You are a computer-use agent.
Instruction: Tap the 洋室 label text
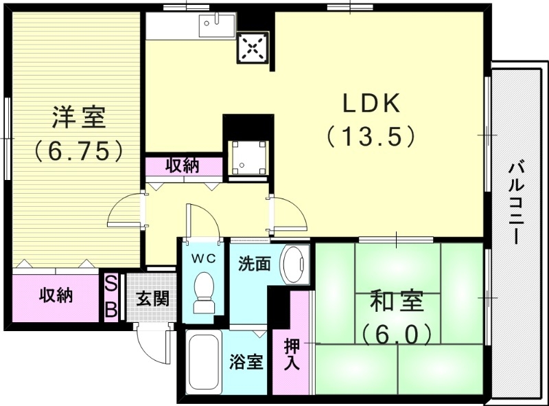click(x=80, y=117)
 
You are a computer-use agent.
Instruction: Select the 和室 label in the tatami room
click(x=397, y=303)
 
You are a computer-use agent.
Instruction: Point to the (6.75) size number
click(x=80, y=149)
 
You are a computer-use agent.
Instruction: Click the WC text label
click(x=203, y=258)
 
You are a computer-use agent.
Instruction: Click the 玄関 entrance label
click(x=148, y=300)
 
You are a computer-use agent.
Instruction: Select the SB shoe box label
click(x=110, y=297)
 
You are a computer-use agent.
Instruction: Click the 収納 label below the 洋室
click(x=56, y=296)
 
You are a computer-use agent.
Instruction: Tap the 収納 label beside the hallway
click(x=183, y=166)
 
